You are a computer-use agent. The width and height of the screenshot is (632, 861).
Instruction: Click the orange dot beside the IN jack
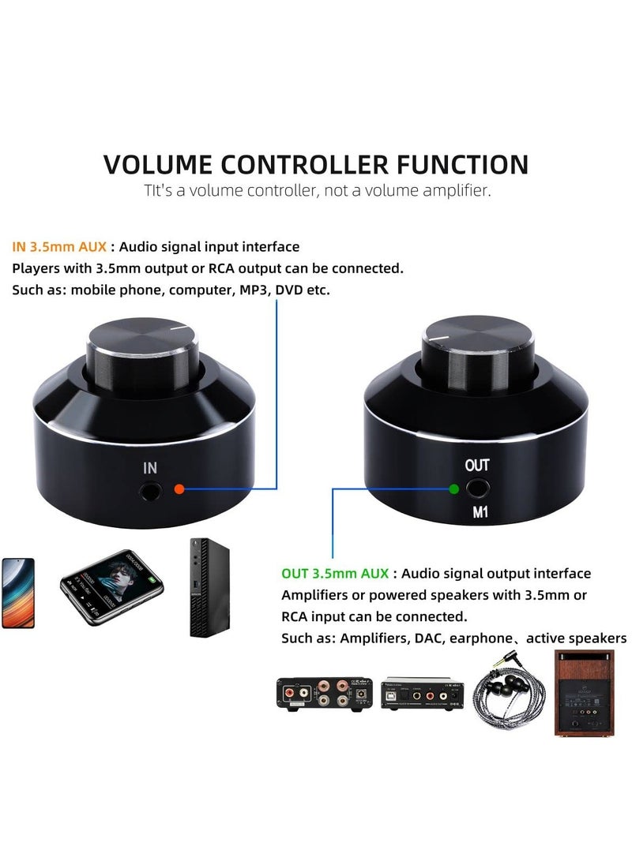coord(179,489)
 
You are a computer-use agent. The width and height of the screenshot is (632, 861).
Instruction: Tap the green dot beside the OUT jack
coord(453,488)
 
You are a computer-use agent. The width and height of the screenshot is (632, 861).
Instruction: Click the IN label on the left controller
coord(150,468)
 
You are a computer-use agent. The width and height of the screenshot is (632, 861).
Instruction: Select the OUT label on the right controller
coord(478,465)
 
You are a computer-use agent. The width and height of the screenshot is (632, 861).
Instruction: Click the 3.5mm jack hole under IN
coord(151,492)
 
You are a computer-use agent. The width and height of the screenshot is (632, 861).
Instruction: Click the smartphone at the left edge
coord(17,592)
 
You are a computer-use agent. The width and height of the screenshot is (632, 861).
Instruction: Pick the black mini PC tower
coord(202,588)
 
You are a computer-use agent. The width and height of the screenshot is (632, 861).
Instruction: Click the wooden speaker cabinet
coord(582,693)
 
